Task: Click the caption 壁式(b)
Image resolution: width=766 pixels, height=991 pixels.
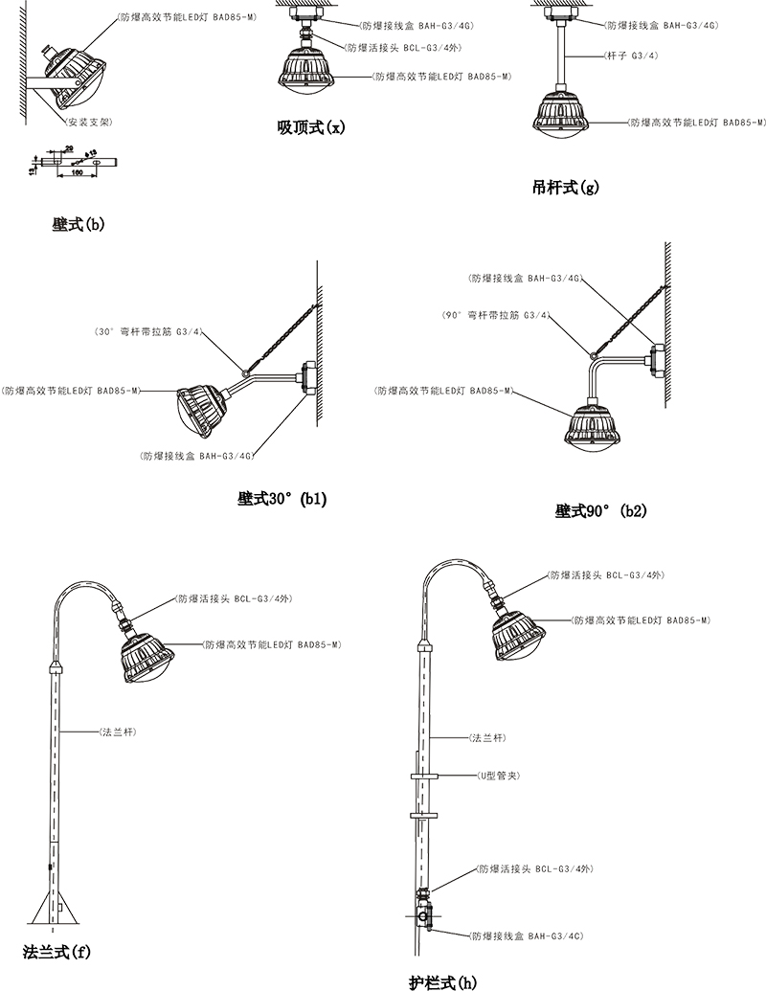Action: coord(79,225)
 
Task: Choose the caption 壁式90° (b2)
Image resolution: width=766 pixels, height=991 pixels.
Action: coord(601,510)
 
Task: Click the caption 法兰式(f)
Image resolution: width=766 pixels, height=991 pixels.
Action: coord(56,952)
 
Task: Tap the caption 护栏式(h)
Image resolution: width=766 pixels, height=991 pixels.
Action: coord(441,980)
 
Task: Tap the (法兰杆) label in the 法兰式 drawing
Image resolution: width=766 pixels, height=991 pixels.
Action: coord(116,732)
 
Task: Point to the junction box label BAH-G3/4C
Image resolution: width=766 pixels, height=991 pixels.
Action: coord(526,934)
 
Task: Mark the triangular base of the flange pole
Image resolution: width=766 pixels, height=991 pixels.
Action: coord(52,905)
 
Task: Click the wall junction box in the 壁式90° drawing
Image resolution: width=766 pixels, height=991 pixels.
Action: coord(656,357)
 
